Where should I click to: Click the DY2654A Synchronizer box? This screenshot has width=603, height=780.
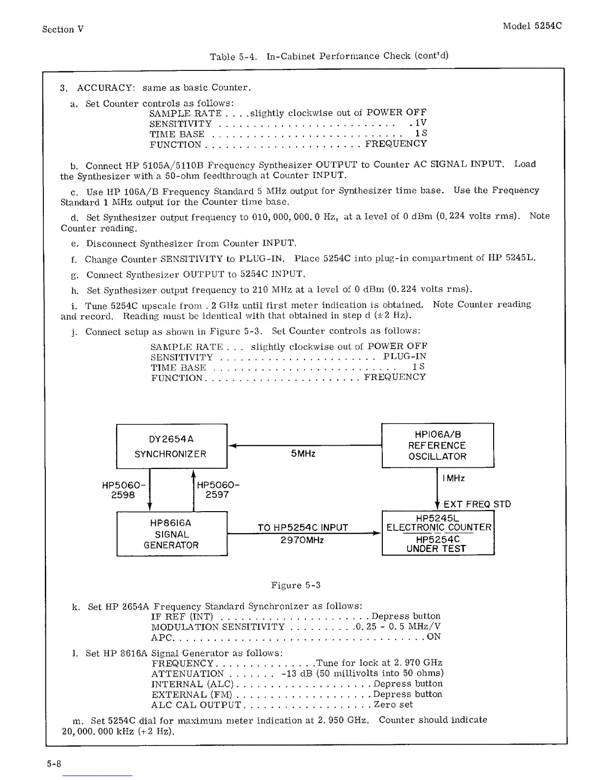tap(171, 446)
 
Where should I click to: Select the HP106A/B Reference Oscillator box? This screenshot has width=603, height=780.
tap(437, 445)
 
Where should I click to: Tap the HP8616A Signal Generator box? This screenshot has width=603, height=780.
tap(171, 534)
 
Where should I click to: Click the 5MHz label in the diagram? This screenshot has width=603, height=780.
tap(303, 454)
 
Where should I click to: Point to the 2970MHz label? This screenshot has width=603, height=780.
tap(302, 540)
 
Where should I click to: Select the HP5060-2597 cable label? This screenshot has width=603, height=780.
tap(218, 490)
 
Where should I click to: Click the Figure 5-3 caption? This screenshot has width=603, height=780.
tap(296, 585)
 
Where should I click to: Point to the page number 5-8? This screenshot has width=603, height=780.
tap(54, 764)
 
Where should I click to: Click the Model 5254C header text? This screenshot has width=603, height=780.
tap(532, 26)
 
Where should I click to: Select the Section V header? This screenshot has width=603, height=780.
tap(63, 30)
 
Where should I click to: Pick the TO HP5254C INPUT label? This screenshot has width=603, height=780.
tap(302, 528)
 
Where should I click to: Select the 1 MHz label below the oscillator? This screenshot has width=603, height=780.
tap(453, 478)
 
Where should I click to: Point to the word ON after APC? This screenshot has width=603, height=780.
tap(434, 637)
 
